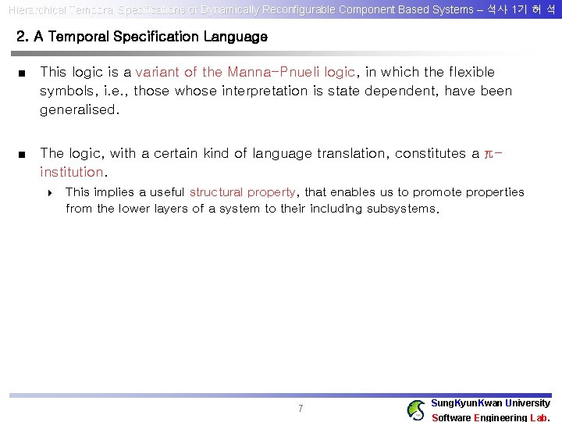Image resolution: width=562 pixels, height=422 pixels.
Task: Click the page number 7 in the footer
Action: coord(301,409)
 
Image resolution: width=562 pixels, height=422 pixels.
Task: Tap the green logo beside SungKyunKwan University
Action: coord(417,409)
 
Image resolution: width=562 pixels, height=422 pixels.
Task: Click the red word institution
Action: coord(72,172)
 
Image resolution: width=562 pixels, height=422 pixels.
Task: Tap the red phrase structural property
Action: coord(242,192)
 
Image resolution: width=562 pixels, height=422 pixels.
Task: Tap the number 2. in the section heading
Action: coord(23,37)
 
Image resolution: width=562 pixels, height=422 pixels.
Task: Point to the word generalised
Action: coord(80,109)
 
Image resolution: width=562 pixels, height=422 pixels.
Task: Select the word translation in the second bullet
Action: coord(350,153)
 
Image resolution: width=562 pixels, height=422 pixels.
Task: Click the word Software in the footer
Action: coord(450,417)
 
